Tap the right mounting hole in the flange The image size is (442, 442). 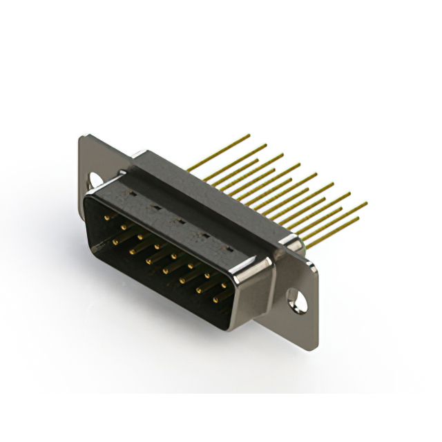(x=297, y=301)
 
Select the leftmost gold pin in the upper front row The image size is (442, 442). (x=107, y=217)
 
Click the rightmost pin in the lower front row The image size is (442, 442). (x=215, y=299)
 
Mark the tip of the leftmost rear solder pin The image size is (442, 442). (x=249, y=136)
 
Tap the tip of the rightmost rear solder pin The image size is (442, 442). (x=365, y=204)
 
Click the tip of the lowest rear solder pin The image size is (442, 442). (x=358, y=220)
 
